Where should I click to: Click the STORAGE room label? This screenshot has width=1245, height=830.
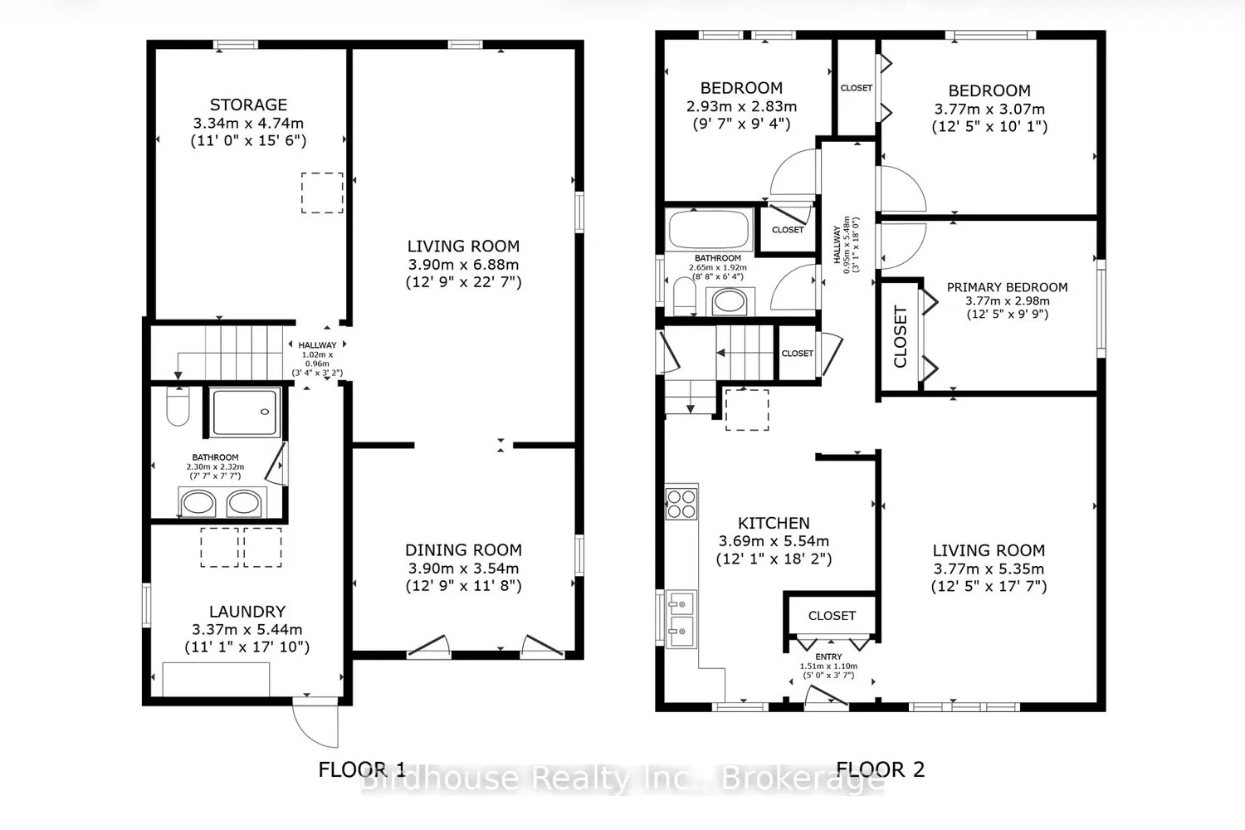[x=248, y=105]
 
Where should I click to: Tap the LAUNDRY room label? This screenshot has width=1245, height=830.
[x=247, y=612]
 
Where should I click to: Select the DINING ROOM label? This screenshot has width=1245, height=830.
[x=463, y=550]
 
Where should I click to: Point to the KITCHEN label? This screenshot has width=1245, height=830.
[x=774, y=523]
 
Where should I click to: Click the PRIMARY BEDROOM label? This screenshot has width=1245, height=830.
[x=1007, y=287]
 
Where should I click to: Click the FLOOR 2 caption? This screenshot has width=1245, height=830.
[x=881, y=769]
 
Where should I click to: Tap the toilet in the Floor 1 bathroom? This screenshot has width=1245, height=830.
[x=178, y=407]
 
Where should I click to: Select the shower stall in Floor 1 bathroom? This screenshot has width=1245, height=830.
[x=245, y=413]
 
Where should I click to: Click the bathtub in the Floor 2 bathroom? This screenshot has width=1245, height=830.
[x=709, y=229]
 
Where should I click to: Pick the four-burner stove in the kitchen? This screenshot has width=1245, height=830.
[x=681, y=504]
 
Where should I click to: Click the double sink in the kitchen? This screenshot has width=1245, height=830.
[x=681, y=618]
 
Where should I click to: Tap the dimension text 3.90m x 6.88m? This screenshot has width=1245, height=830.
[x=463, y=265]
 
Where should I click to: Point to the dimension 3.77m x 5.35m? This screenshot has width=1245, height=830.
[x=989, y=569]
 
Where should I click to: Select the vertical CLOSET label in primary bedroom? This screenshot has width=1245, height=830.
[x=901, y=336]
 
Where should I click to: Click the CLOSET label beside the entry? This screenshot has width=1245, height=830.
[x=832, y=615]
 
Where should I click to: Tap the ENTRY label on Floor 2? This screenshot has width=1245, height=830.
[x=828, y=657]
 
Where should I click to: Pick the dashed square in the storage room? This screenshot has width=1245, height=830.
[x=322, y=193]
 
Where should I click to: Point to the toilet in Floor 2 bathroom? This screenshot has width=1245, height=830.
[x=684, y=295]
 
